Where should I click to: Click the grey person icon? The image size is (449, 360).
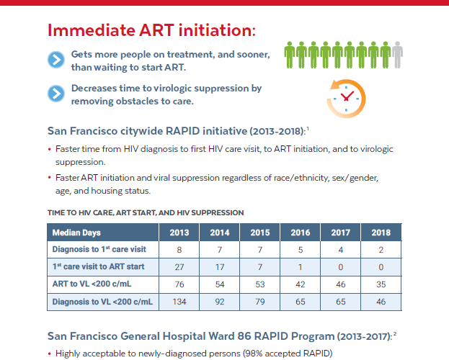pos(397,55)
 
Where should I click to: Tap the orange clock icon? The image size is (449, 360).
pos(347,99)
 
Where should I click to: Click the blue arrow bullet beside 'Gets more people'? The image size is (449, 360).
pos(56,60)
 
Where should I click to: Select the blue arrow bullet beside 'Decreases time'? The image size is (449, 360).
pos(56,94)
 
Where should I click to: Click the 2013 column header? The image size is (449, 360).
pos(179,233)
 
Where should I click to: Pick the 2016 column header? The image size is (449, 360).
pos(301,233)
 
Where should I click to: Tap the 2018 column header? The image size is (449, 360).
pos(381,233)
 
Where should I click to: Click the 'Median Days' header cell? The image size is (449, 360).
pos(103,233)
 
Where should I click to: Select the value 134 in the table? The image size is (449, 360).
pos(179,302)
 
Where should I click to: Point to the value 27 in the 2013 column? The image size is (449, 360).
pos(179,267)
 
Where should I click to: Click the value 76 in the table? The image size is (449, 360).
pos(179,284)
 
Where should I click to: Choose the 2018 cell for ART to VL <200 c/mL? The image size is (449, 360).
pos(381,284)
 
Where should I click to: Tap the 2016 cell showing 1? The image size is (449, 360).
pos(301,267)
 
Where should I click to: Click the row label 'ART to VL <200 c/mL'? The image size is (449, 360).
pos(92,284)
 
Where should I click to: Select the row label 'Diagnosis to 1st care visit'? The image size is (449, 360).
pos(99,249)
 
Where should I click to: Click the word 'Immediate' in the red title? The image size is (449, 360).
pos(92,30)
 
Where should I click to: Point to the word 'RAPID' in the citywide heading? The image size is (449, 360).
pos(182,131)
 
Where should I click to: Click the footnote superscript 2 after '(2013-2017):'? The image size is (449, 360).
pos(395,333)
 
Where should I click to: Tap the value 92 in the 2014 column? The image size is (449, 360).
pos(220,302)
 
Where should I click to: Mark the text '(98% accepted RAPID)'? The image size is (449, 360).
pos(288,354)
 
